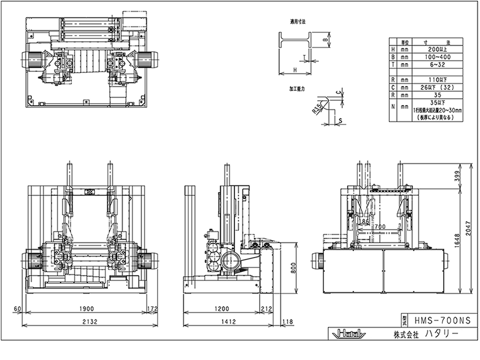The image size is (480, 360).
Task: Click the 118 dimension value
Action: (x=288, y=321)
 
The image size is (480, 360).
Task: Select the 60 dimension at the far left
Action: (x=18, y=309)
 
